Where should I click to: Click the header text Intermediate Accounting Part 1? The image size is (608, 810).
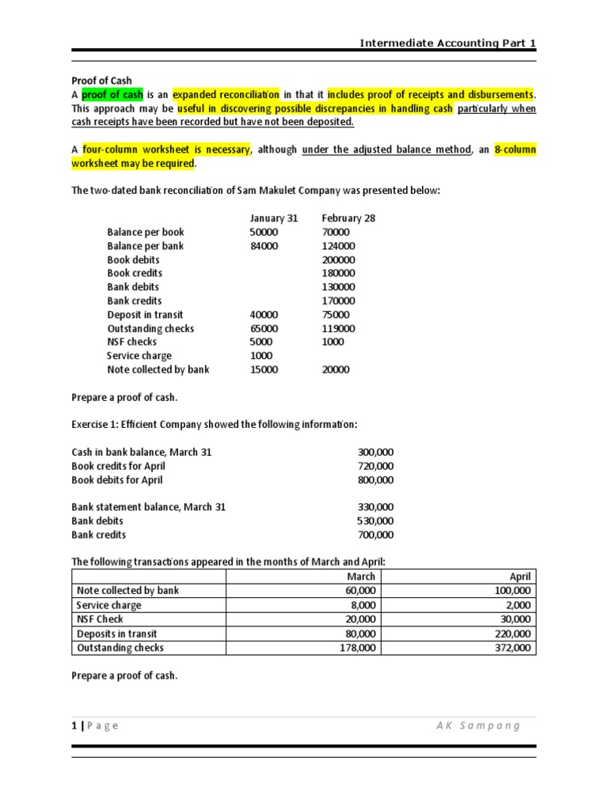click(x=447, y=43)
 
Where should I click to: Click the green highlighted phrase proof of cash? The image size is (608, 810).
click(x=112, y=95)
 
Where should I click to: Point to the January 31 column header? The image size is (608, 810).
click(x=273, y=218)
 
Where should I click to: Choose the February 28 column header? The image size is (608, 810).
click(x=348, y=218)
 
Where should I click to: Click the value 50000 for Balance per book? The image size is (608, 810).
click(x=264, y=233)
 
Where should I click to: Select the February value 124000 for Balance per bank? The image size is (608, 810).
click(x=339, y=246)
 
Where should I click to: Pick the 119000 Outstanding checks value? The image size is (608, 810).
click(x=339, y=328)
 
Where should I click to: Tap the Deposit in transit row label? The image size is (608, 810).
click(x=145, y=315)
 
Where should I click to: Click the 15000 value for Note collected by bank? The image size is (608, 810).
click(x=264, y=369)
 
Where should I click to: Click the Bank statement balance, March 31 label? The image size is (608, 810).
click(x=149, y=507)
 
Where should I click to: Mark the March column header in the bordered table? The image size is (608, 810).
click(x=361, y=577)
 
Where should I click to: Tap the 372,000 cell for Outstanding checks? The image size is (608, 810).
click(x=515, y=648)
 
